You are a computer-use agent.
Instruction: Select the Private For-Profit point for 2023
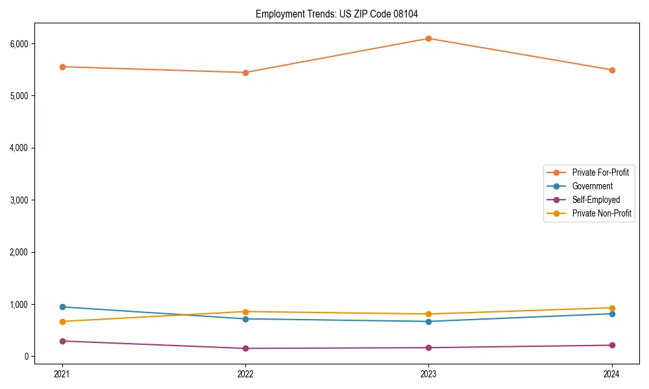point(428,38)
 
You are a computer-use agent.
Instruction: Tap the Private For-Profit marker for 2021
point(62,67)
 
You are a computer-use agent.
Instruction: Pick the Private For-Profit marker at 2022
point(245,73)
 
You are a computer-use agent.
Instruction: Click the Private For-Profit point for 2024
point(611,70)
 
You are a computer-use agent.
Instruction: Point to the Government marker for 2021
point(62,307)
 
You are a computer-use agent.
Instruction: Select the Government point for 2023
point(428,322)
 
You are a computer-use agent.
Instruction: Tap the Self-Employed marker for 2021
point(62,341)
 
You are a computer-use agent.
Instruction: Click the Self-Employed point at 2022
point(245,348)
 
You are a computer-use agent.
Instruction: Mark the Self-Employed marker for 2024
point(611,345)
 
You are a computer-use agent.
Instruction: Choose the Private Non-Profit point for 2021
point(62,322)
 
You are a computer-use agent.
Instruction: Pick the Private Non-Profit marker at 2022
point(245,312)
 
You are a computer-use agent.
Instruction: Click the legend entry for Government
point(592,186)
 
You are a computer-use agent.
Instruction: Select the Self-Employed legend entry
point(596,200)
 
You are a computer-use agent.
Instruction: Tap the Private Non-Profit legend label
point(602,213)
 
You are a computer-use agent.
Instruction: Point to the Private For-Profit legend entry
point(600,172)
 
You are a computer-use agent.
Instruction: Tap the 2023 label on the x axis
point(428,373)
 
